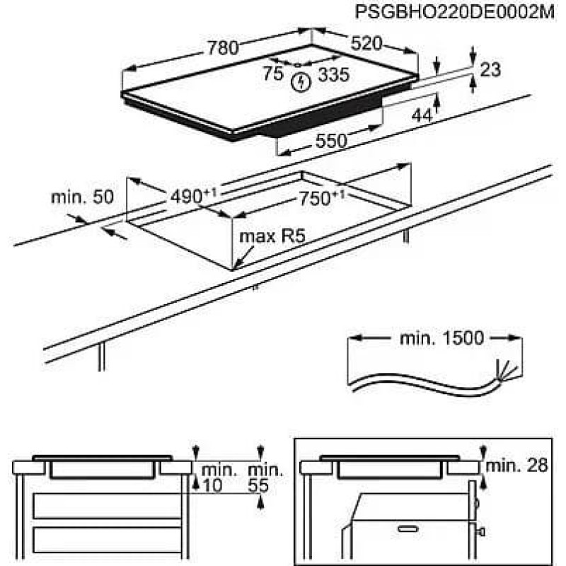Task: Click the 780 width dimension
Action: [223, 48]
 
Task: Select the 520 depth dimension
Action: [366, 44]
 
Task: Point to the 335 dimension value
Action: [333, 74]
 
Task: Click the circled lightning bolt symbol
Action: [302, 82]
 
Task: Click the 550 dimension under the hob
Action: [331, 141]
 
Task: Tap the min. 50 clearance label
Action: [82, 197]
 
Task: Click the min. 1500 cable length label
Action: [441, 339]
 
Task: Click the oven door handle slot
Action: [408, 527]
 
